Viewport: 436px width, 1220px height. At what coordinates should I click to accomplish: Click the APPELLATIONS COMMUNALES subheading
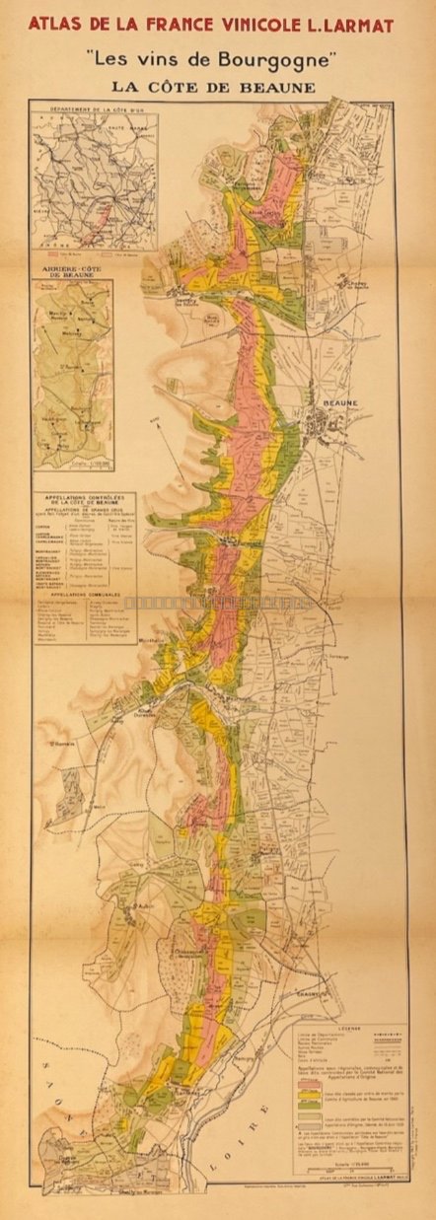84,597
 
